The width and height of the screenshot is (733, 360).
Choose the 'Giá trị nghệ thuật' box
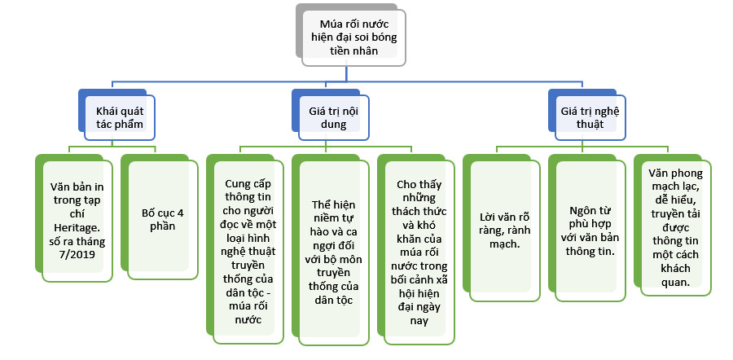point(582,117)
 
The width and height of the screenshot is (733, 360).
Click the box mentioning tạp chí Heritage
point(78,221)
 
